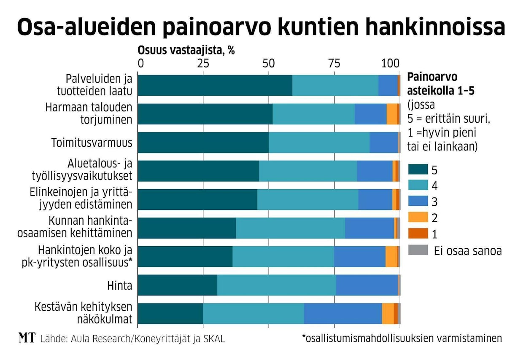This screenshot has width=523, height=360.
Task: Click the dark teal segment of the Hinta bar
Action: tap(177, 285)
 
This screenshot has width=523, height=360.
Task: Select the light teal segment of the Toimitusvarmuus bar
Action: tap(319, 142)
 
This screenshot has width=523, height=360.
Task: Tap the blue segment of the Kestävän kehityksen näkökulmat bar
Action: tap(342, 314)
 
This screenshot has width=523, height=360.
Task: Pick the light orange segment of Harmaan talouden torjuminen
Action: tap(391, 114)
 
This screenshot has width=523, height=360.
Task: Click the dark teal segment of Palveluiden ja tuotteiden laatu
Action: tap(215, 86)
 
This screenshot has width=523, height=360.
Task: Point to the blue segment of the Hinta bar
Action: tap(367, 285)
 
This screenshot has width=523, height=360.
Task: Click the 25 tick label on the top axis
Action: tap(203, 64)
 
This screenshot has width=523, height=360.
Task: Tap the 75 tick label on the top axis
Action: tap(334, 64)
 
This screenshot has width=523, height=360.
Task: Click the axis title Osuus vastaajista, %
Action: tap(186, 51)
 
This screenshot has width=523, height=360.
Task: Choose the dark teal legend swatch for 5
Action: tap(418, 170)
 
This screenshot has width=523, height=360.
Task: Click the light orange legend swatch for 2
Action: tap(418, 218)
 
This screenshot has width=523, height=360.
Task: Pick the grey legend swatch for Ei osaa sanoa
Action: tap(418, 250)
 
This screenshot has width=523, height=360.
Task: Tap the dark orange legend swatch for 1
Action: tap(418, 234)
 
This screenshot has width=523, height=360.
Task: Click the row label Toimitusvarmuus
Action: tap(92, 142)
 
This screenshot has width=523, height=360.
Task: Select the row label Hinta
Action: tap(119, 285)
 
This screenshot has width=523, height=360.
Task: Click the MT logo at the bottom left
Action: tap(27, 338)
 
